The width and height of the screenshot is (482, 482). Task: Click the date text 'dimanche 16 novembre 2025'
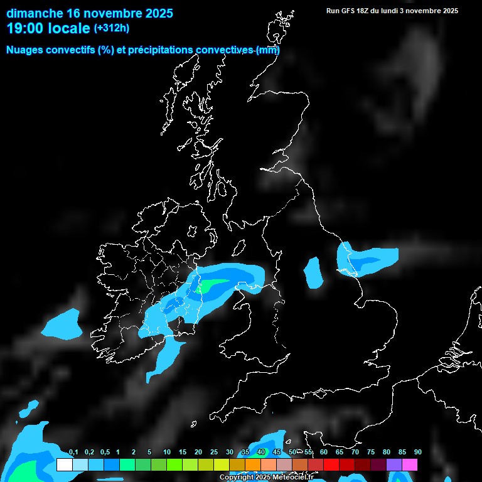[90, 13]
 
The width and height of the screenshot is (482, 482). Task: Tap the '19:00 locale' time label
[48, 28]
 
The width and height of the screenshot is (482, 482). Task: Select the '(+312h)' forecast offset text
[112, 28]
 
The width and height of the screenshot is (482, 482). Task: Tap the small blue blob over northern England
[313, 272]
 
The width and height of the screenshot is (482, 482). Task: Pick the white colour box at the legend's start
[64, 464]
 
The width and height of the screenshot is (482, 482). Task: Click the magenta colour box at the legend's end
[410, 464]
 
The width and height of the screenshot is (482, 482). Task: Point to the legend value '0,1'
[73, 453]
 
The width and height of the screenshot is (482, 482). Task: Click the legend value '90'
[417, 453]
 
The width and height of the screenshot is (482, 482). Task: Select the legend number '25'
[214, 453]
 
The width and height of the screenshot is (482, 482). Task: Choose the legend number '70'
[355, 453]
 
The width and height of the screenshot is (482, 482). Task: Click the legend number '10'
[167, 453]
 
